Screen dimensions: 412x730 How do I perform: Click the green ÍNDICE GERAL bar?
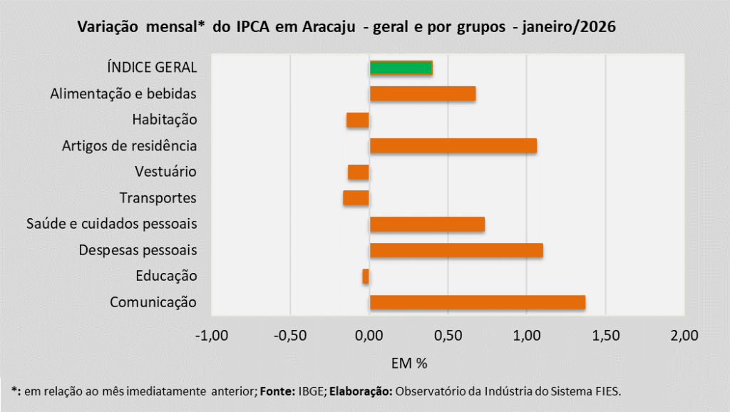pos(401,68)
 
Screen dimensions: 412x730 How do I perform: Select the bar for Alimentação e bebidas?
pos(422,94)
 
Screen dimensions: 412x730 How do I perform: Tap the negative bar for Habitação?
pos(358,120)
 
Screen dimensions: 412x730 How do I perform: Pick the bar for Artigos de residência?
pos(453,146)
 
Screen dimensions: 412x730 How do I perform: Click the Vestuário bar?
pos(359,172)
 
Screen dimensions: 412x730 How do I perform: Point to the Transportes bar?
pos(356,197)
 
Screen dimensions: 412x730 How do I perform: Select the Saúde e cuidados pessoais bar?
pos(427,224)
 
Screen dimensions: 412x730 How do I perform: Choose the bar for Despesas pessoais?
pos(456,250)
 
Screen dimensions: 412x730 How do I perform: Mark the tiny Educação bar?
pos(366,276)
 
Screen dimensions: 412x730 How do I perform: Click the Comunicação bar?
pos(477,302)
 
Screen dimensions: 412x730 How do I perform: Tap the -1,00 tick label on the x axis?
pos(212,335)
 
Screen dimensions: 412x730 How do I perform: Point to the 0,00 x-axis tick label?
pos(369,335)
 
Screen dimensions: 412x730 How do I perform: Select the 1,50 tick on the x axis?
pos(605,335)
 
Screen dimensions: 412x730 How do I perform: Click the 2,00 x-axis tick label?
pos(684,335)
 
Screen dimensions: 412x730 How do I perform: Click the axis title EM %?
pos(409,364)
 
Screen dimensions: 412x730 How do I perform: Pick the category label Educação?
pos(165,276)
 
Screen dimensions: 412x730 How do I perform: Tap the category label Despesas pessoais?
pos(138,250)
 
